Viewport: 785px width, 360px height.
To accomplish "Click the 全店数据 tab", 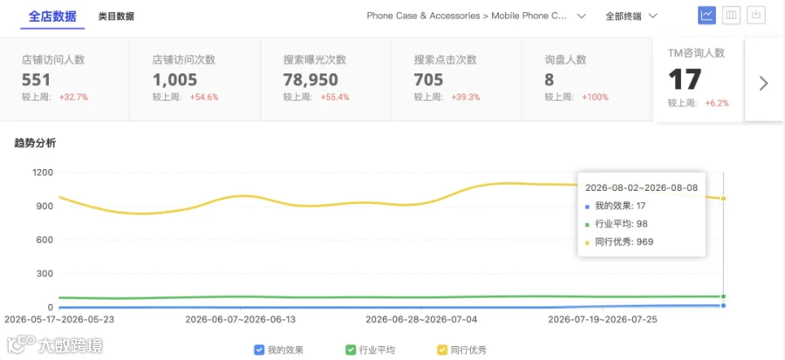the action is point(52,17).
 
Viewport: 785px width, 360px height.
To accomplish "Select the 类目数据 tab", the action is point(116,17).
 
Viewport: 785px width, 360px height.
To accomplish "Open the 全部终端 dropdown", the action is point(631,16).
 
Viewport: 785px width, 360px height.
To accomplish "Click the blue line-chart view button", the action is point(706,16).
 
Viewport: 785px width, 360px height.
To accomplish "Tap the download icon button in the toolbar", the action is point(756,16).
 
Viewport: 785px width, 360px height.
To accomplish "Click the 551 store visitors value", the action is point(36,80).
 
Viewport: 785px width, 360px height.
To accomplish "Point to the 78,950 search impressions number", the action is point(311,80).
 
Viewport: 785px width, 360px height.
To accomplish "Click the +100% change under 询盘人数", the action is point(595,98).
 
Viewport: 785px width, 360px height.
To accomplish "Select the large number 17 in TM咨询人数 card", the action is point(685,79).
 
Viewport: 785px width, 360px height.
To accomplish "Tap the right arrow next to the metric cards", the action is point(763,83).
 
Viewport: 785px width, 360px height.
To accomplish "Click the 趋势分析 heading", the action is point(35,143).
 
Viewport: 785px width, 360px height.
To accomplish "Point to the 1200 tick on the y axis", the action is point(42,173).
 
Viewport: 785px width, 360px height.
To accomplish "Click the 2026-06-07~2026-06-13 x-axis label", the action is point(241,319).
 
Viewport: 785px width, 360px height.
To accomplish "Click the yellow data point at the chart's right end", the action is point(723,199).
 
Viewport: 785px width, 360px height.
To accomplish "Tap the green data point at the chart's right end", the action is point(723,296).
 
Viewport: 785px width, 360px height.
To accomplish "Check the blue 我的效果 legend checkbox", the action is point(259,350).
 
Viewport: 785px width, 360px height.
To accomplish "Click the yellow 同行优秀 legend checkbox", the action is point(442,350).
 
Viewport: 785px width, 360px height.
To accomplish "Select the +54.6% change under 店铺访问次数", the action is point(204,98).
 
